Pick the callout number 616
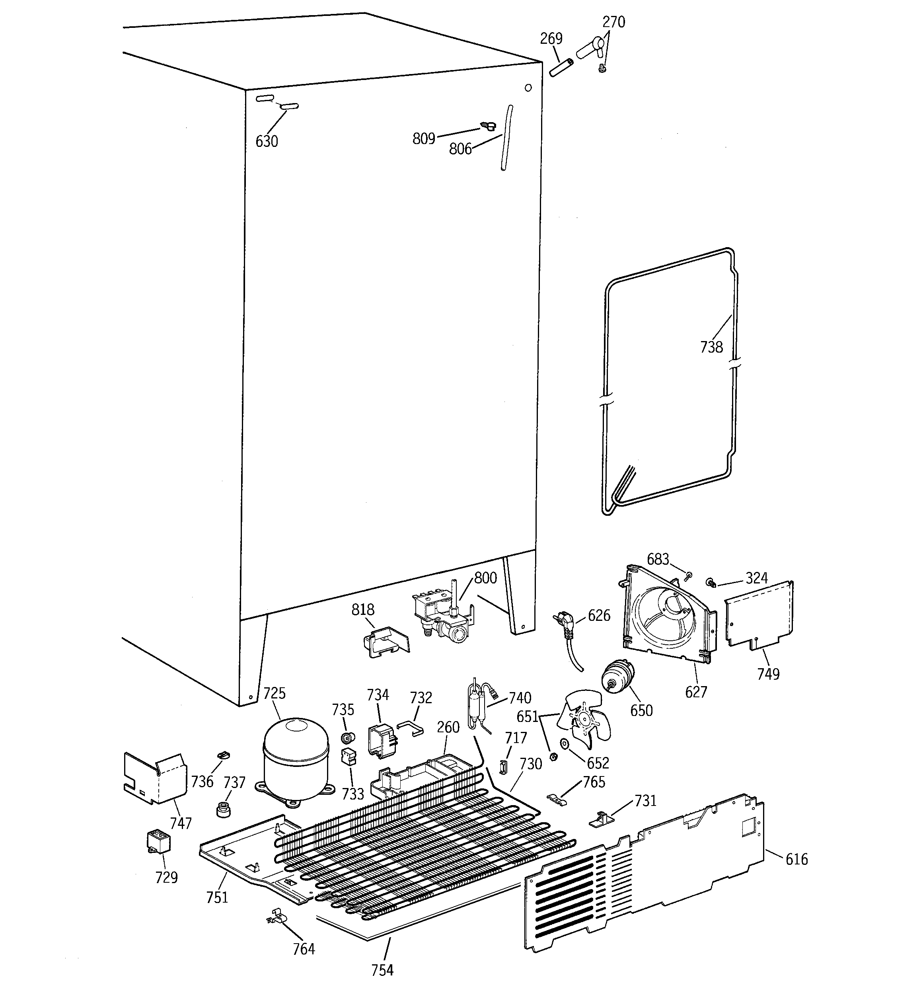click(796, 859)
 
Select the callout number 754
click(382, 969)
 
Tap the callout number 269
click(551, 38)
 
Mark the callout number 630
click(267, 142)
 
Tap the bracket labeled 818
click(386, 642)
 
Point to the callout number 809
click(424, 139)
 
